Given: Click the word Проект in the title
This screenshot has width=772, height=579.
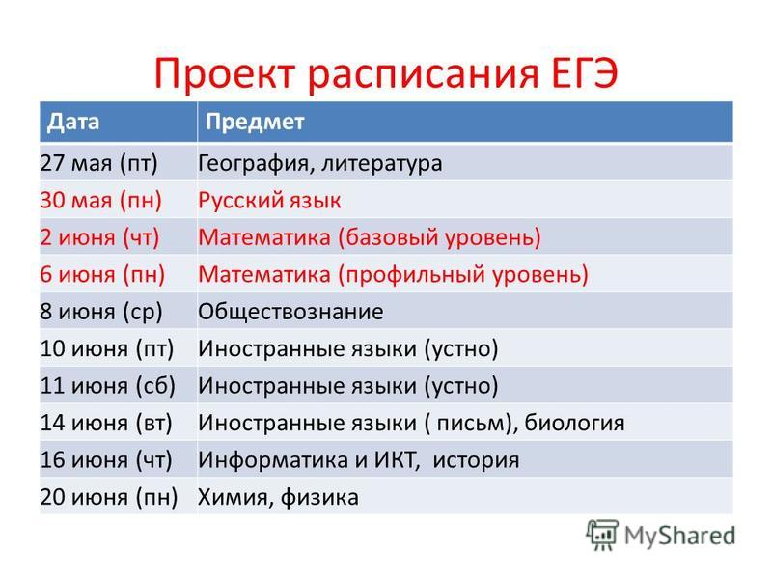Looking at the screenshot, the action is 225,74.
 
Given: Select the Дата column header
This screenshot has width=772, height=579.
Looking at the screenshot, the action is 73,122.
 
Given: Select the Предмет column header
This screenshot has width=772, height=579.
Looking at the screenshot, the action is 255,122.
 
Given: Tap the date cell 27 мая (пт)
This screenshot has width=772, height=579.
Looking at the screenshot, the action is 99,163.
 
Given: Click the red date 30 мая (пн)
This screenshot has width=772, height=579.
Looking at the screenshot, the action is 101,201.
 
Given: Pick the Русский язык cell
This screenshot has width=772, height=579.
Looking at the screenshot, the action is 269,201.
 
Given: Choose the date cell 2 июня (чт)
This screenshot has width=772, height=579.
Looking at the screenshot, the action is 100,237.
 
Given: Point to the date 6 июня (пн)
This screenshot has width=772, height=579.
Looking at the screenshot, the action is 102,274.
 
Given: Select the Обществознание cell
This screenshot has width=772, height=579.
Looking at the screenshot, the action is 290,312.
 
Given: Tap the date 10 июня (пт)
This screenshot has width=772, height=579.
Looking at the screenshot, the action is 107,348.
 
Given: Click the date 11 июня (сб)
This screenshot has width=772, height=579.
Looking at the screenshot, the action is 108,385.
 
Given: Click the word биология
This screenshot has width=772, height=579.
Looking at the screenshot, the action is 574,423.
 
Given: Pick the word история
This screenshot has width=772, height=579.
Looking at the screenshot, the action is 476,460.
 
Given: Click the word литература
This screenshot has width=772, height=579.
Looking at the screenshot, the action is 381,163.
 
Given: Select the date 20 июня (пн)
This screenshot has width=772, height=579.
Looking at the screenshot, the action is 109,497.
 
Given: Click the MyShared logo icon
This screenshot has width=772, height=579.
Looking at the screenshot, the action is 602,535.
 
